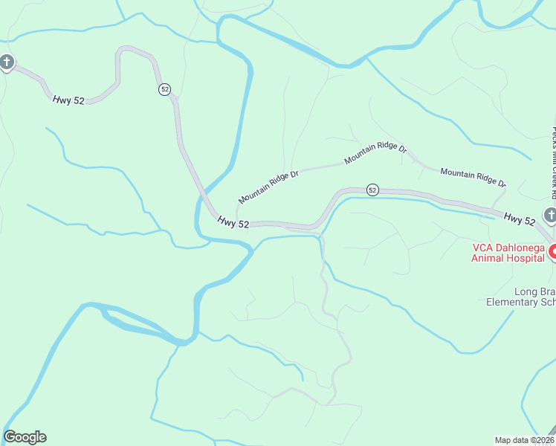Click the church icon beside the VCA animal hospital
550,216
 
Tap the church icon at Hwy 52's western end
6,62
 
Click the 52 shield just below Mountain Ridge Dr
372,190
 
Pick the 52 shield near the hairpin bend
164,89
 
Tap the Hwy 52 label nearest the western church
68,100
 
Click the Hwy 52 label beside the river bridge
233,222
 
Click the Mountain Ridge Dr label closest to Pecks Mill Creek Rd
473,177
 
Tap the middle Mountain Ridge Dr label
375,153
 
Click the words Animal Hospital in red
508,259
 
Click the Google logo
25,437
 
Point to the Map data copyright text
523,439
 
